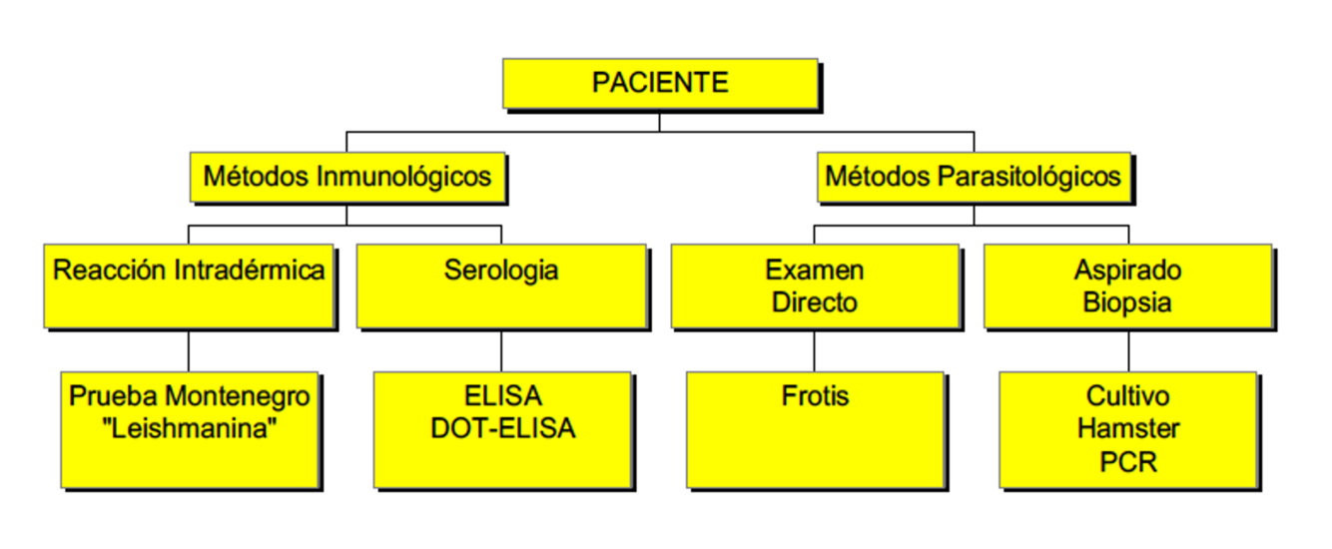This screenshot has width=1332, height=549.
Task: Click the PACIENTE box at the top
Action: coord(660,83)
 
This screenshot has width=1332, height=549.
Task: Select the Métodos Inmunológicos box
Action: coord(347,178)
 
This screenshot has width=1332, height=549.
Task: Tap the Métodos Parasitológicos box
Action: coord(974,178)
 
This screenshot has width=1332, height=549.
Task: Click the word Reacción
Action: coord(109,271)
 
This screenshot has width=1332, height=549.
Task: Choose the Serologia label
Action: coord(501,271)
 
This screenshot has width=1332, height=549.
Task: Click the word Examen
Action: coord(815,271)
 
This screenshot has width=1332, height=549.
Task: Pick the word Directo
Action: coord(815,302)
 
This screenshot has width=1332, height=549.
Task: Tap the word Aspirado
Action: coord(1128,271)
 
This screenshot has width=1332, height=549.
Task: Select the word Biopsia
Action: coord(1128,302)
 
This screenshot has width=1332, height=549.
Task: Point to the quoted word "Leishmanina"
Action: coord(189,428)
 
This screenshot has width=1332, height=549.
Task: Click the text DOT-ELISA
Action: coord(503,428)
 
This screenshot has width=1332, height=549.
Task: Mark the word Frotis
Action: coord(815,396)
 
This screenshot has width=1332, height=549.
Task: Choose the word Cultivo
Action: coord(1128,396)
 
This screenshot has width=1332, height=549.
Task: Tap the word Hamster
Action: coord(1128,428)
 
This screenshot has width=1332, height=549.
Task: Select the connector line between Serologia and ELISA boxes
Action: coord(501,350)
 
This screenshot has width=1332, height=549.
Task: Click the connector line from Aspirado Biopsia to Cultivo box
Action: coord(1128,350)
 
